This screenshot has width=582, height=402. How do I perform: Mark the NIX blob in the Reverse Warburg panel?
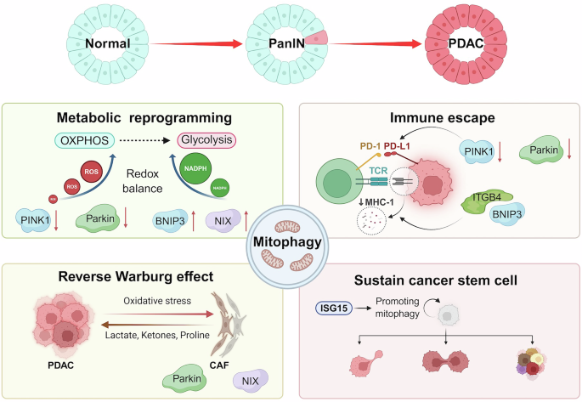pyautogui.click(x=249, y=380)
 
